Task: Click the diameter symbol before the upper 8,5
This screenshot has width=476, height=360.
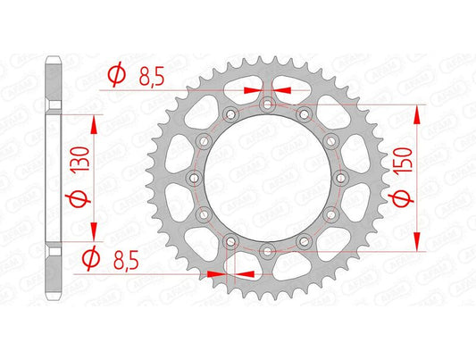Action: click(113, 75)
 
